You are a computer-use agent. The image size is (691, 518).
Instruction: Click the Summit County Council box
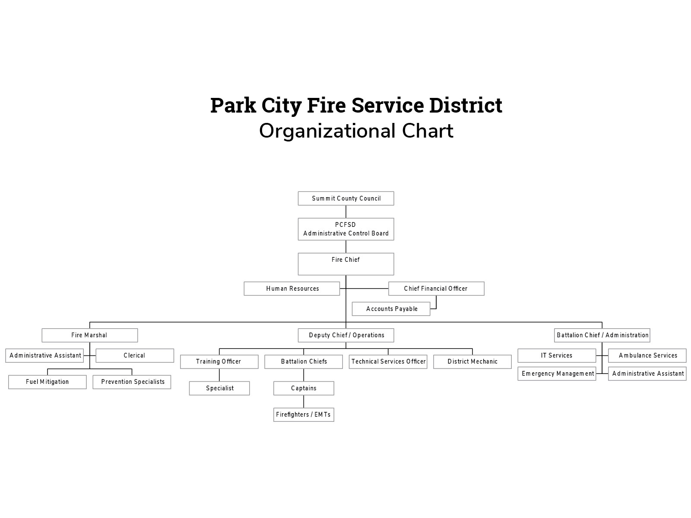[346, 198]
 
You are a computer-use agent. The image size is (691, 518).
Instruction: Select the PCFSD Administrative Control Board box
[346, 229]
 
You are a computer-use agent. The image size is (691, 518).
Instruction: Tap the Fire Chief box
[346, 264]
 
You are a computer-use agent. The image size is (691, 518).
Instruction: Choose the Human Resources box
[292, 289]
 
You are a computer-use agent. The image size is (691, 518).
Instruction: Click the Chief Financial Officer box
[436, 289]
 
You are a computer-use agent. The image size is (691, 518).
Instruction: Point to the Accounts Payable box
[391, 309]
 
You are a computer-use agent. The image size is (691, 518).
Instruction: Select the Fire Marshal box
[90, 335]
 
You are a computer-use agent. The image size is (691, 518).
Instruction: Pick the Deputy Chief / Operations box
[346, 335]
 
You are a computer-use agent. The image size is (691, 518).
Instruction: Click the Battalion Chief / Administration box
[602, 335]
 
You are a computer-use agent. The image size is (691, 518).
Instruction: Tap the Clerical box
[135, 355]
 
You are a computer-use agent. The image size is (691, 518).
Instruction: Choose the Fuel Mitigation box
[48, 382]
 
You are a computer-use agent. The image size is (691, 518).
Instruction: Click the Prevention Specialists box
[132, 382]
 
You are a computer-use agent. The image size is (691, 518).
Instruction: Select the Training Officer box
[219, 361]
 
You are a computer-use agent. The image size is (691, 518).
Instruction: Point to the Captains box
[304, 388]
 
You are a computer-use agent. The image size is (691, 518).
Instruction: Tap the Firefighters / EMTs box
[304, 414]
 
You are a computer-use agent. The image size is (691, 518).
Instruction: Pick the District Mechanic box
[472, 361]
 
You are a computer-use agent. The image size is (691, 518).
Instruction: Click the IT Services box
[557, 355]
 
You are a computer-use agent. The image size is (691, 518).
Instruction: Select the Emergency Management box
[557, 374]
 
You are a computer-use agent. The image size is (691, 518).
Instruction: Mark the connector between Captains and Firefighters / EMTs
[304, 402]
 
